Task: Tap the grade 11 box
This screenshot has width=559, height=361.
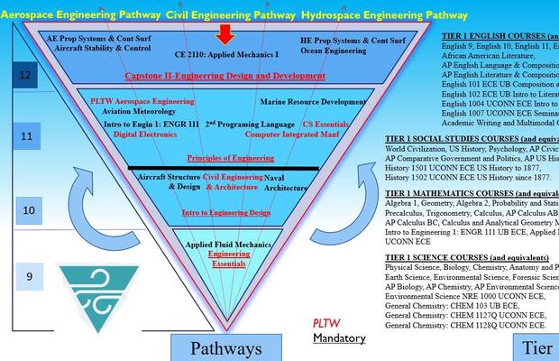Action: [28, 137]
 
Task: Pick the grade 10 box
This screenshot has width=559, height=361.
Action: [28, 209]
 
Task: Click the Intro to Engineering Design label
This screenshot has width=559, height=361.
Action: [225, 212]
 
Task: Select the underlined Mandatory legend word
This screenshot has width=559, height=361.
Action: [339, 338]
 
